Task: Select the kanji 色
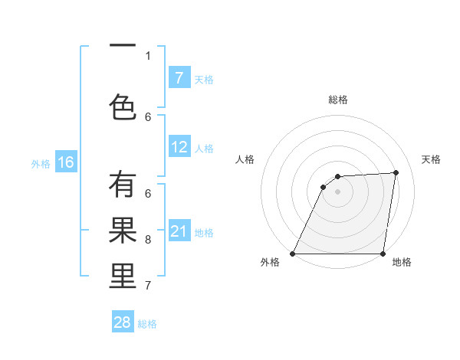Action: (x=123, y=106)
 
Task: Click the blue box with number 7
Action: (x=179, y=78)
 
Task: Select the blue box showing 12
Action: (x=179, y=147)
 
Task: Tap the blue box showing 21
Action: (x=179, y=231)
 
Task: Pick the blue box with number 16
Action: (x=65, y=162)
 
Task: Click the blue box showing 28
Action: (x=123, y=322)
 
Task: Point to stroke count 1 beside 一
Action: (x=148, y=55)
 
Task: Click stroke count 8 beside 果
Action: (x=148, y=240)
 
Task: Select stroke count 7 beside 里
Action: (x=148, y=286)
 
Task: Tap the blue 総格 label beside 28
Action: (x=147, y=324)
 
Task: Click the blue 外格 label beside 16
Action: (x=41, y=163)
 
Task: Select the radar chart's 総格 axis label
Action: (x=337, y=100)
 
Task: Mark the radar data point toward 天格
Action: (x=396, y=172)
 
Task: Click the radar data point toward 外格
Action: (x=292, y=254)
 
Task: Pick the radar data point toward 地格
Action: (x=383, y=254)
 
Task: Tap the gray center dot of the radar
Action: (x=337, y=191)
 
